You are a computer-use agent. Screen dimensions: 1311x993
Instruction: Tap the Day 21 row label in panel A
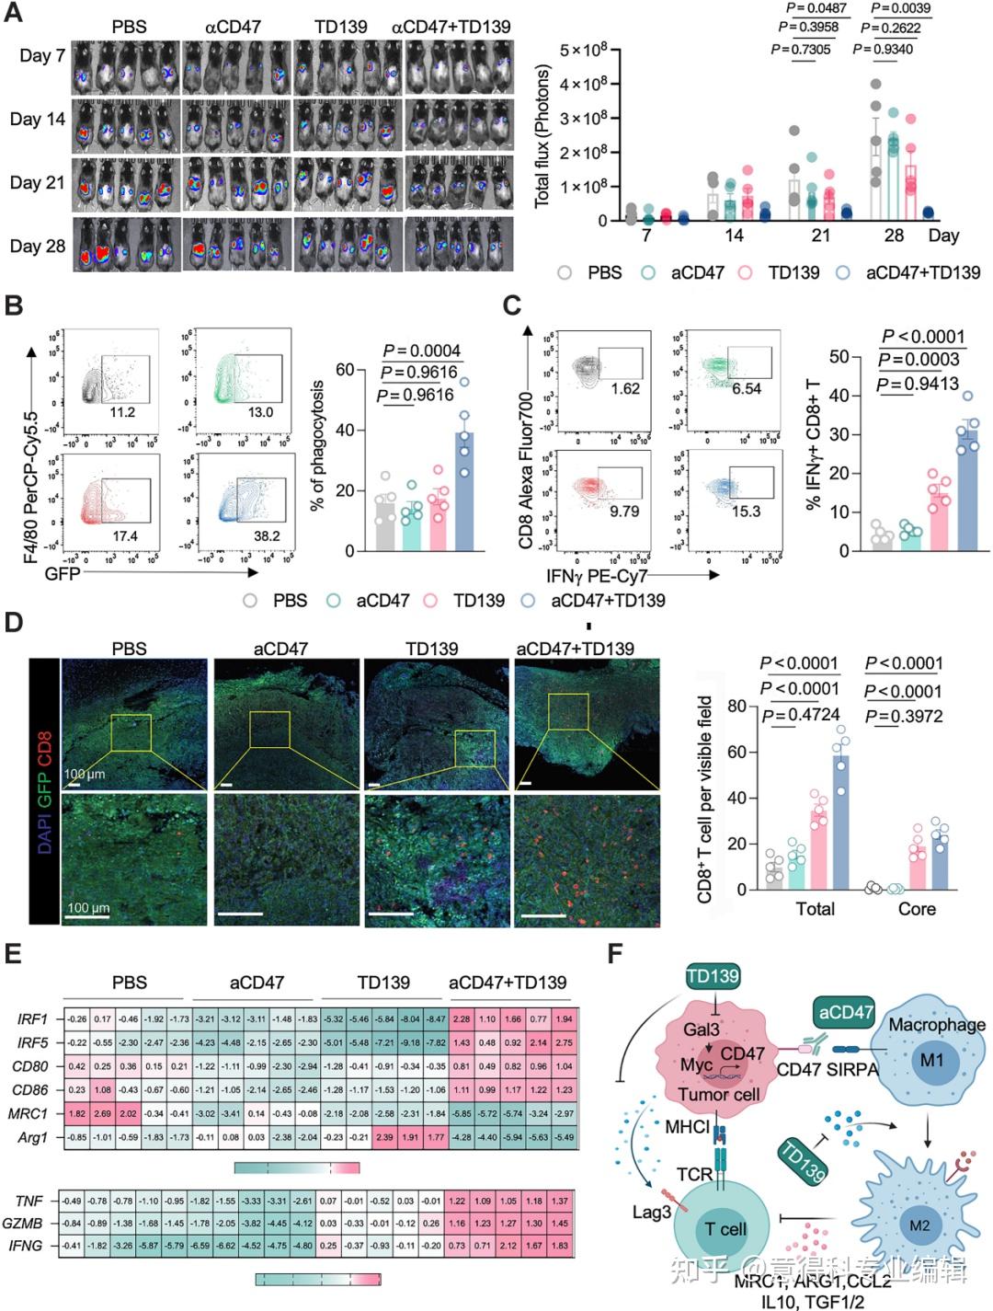coord(38,182)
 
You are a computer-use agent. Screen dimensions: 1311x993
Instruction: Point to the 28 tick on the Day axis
coord(894,236)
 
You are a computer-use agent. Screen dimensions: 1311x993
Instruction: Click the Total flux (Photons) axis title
coord(542,135)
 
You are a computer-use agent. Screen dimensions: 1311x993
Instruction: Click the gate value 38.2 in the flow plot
coord(266,536)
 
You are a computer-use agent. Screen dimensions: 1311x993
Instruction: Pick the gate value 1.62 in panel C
coord(624,389)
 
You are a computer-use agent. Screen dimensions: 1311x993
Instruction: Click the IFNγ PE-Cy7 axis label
coord(597,577)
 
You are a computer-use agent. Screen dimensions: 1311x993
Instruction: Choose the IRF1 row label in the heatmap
coord(33,1019)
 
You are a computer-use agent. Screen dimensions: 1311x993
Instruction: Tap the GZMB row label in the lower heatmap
coord(29,1224)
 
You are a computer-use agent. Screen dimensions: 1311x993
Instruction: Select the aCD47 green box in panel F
coord(845,1013)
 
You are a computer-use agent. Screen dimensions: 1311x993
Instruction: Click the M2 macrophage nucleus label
coord(919,1225)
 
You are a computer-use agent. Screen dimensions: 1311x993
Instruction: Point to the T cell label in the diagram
coord(725,1230)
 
